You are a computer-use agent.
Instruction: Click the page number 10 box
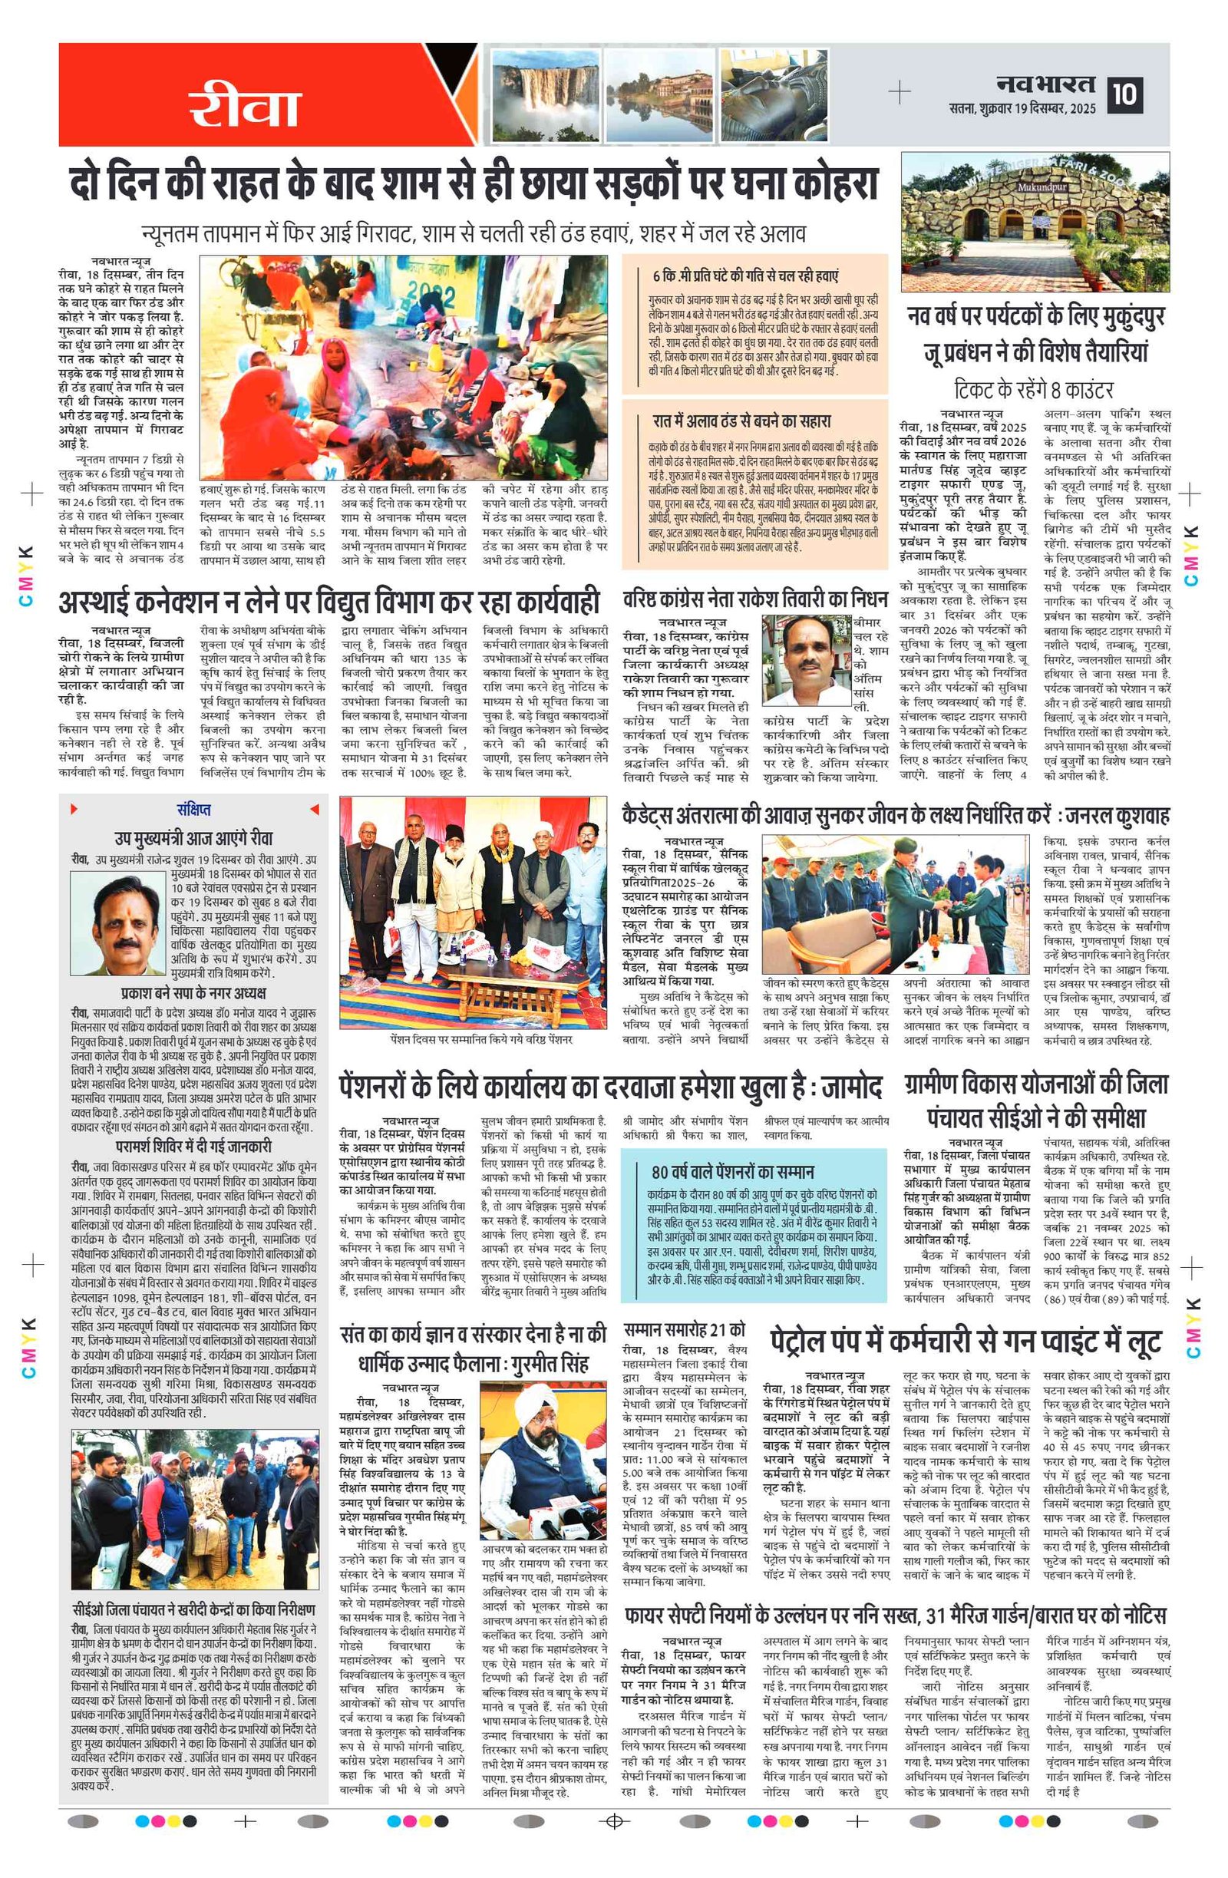[x=1124, y=94]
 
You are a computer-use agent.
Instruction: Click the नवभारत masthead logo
[x=1045, y=84]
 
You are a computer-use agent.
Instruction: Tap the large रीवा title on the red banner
[x=245, y=107]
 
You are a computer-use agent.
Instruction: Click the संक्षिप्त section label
[x=193, y=810]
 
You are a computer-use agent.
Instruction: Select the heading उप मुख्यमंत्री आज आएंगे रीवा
[x=193, y=837]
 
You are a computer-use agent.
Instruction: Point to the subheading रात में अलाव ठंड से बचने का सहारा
[x=741, y=421]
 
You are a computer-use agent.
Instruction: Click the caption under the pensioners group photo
[x=480, y=1040]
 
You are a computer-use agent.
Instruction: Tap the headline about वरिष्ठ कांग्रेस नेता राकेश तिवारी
[x=755, y=599]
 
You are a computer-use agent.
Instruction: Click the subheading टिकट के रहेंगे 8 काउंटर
[x=1033, y=390]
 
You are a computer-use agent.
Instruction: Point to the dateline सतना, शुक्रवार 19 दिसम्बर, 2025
[x=1022, y=109]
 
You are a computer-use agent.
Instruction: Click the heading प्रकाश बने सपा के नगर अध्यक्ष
[x=193, y=993]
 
